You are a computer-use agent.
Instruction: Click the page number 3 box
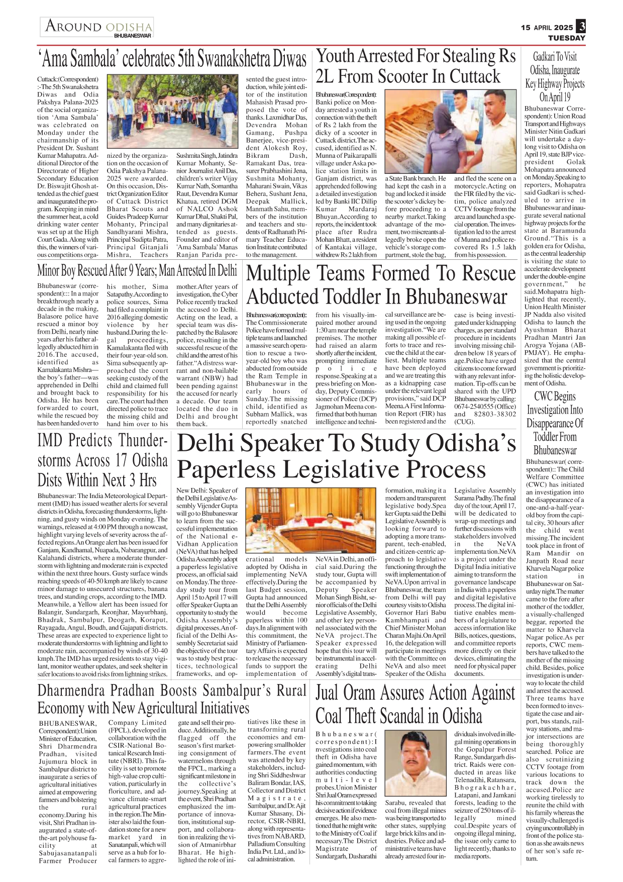pos(581,26)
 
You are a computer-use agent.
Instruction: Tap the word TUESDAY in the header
pos(566,38)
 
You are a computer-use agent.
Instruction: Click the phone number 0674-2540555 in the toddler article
pos(473,406)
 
